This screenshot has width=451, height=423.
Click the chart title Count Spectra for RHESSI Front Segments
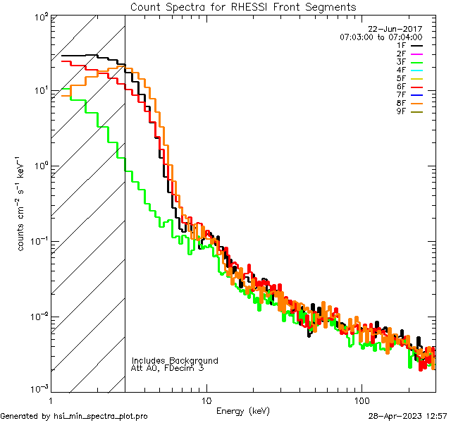point(243,6)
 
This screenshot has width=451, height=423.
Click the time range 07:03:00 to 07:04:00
point(381,37)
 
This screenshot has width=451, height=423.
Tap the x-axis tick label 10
point(206,400)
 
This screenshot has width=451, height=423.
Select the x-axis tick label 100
point(361,400)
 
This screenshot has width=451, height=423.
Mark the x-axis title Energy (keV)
point(243,410)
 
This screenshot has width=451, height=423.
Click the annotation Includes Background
point(175,360)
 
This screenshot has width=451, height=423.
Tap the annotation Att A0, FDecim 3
point(168,368)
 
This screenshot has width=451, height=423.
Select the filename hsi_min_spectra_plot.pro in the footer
point(101,416)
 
